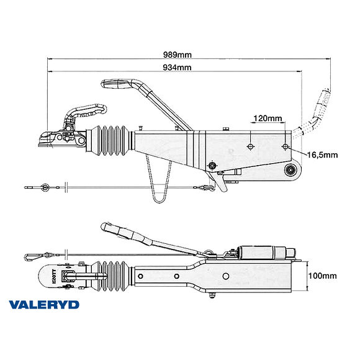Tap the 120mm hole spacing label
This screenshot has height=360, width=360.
[x=268, y=118]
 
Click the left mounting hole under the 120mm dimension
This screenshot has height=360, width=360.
[x=250, y=146]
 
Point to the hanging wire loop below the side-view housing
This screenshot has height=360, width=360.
[x=160, y=186]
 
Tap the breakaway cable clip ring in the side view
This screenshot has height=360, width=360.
[x=44, y=186]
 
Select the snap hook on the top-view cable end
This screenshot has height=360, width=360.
[x=31, y=254]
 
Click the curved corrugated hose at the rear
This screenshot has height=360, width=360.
[x=318, y=112]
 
